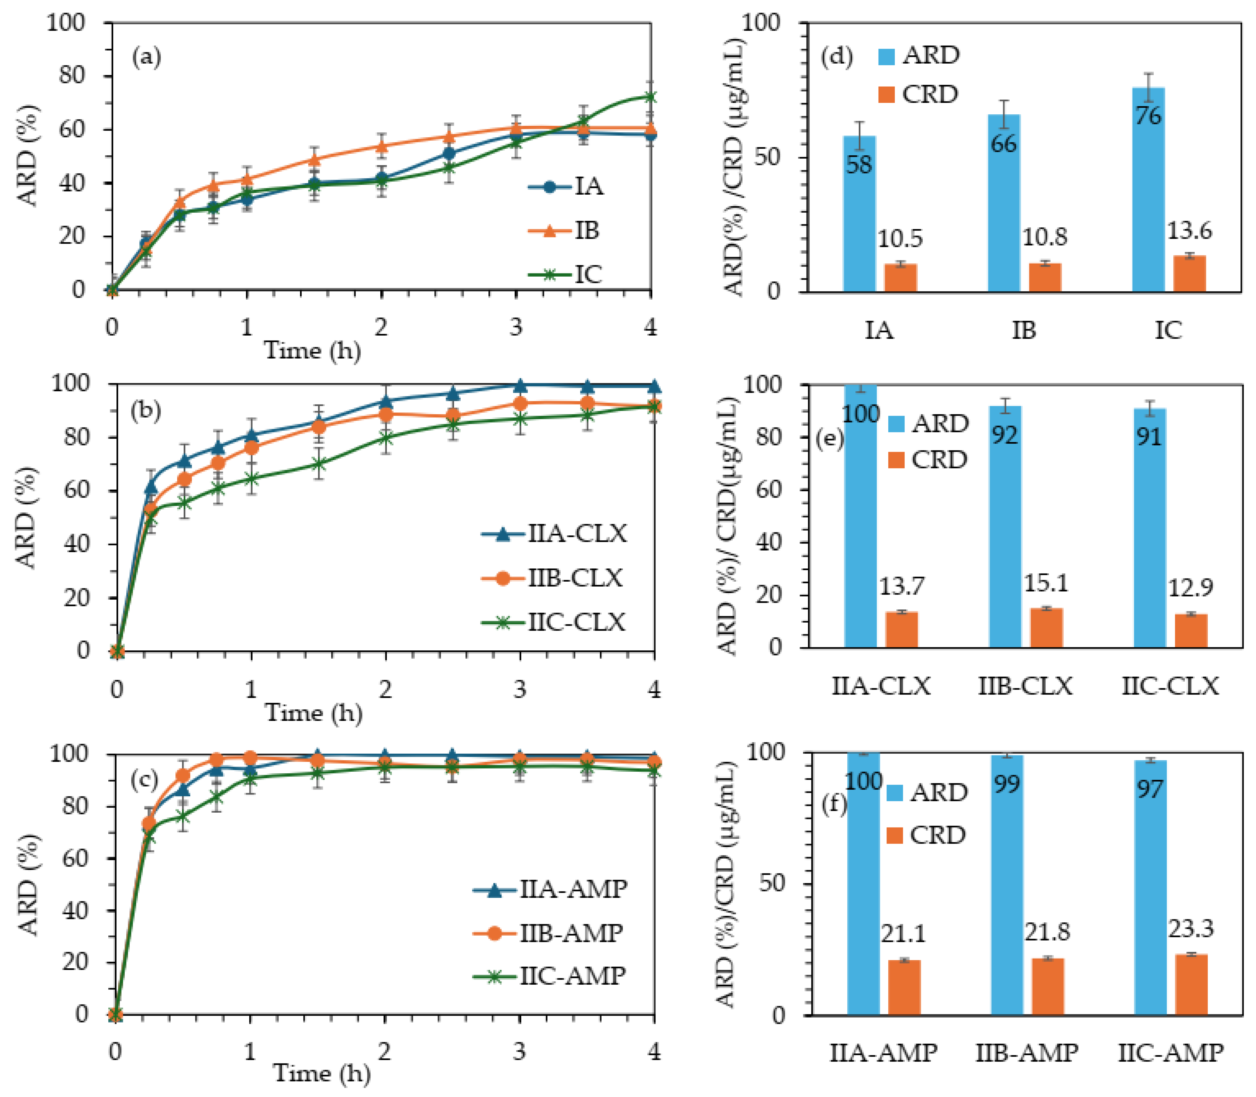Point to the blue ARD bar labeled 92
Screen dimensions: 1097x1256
pyautogui.click(x=1004, y=527)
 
